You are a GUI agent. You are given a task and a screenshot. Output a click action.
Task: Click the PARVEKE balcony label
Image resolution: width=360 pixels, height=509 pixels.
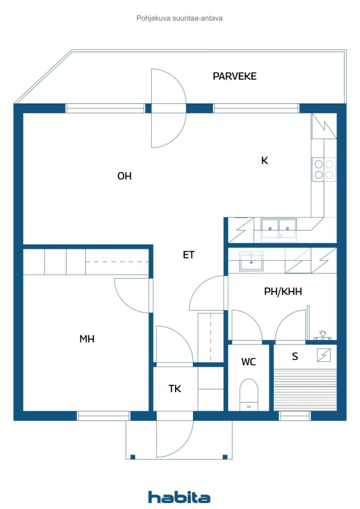point(234,76)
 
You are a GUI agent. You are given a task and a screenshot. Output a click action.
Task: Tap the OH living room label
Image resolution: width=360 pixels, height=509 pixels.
point(124,176)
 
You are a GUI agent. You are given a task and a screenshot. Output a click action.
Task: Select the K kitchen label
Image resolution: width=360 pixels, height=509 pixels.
point(265,161)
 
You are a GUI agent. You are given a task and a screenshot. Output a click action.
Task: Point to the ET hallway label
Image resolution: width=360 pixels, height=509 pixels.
point(188,255)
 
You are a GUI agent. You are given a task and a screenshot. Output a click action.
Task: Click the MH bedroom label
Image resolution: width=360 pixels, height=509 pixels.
point(87,339)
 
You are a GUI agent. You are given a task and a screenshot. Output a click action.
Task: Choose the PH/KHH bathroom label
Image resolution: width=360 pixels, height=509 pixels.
point(283,291)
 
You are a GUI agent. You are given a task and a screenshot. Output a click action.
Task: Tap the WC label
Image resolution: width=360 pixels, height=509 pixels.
point(248,362)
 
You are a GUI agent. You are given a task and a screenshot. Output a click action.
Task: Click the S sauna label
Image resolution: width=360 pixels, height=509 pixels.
point(295,356)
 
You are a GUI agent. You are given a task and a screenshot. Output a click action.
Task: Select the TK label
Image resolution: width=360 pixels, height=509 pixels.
point(175,389)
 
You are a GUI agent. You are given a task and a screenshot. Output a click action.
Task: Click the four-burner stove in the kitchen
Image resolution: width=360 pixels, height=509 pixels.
point(324,170)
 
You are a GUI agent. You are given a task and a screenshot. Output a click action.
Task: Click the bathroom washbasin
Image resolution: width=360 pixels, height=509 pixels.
point(251,261)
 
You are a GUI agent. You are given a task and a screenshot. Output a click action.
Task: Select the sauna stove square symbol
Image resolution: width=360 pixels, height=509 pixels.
point(324,355)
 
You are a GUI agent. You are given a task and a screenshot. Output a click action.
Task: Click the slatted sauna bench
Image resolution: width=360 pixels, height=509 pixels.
point(305,390)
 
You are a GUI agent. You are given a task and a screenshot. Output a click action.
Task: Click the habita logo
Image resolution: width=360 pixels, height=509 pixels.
point(179,497)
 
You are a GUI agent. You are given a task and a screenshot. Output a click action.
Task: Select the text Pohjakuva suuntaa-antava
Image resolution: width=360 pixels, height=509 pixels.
point(180,18)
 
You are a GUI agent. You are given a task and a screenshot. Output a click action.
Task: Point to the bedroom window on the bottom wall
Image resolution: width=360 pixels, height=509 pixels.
point(103,416)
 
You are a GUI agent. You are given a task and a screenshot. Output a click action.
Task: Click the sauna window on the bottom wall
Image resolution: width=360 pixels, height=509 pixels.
point(295,416)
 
